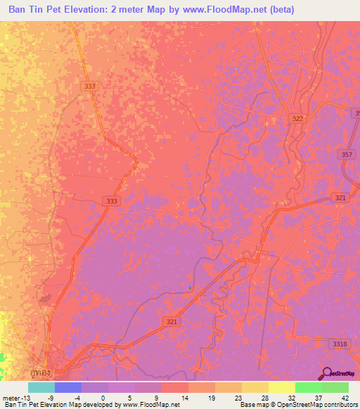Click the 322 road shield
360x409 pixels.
pyautogui.click(x=297, y=119)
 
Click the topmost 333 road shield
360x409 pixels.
pyautogui.click(x=89, y=86)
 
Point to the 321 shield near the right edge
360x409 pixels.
pyautogui.click(x=341, y=198)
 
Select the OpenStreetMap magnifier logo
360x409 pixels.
pyautogui.click(x=327, y=374)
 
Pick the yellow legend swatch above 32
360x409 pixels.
pyautogui.click(x=281, y=387)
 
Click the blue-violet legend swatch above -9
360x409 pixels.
pyautogui.click(x=67, y=387)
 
